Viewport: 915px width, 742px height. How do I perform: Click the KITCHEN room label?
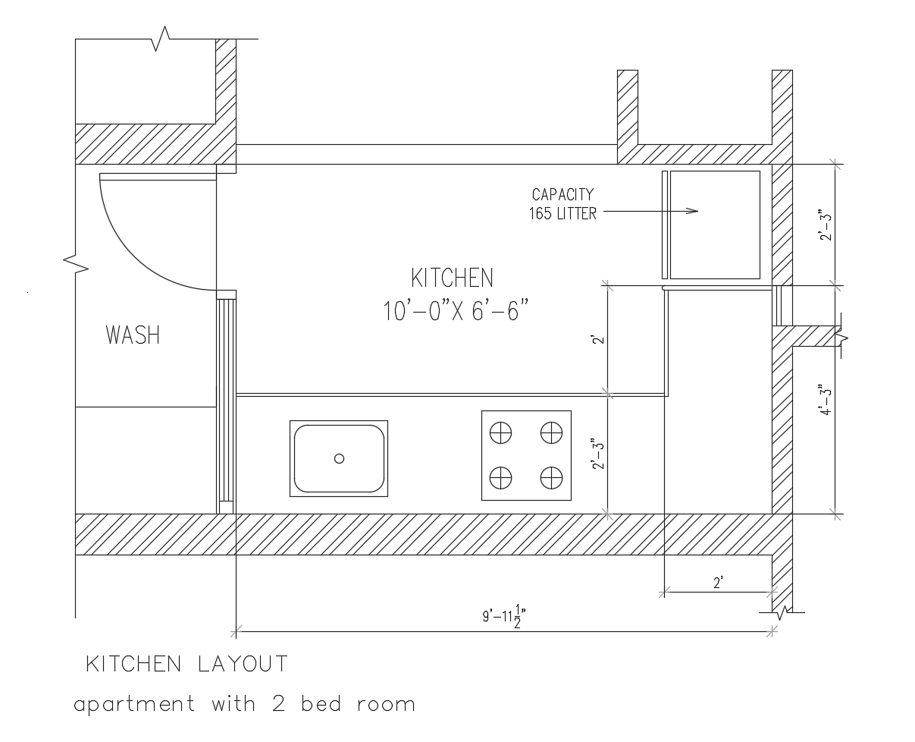(x=452, y=278)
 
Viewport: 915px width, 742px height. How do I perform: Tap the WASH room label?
(x=133, y=335)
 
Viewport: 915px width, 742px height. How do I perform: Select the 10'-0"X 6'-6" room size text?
(x=456, y=310)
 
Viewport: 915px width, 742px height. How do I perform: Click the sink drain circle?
(x=339, y=459)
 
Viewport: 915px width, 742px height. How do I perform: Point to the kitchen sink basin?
(x=339, y=459)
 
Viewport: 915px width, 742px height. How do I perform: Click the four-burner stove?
(x=526, y=455)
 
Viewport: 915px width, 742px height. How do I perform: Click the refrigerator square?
(x=715, y=225)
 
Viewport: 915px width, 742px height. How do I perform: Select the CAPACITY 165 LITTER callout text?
(x=562, y=204)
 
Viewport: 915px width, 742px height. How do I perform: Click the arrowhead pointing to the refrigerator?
(x=692, y=211)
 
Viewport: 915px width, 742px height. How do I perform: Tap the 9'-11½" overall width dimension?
(x=504, y=615)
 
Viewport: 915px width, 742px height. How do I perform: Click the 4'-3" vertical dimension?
(x=826, y=400)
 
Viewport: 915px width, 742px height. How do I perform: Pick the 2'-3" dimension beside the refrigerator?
(x=826, y=225)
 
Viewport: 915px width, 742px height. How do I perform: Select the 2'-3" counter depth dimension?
(x=597, y=454)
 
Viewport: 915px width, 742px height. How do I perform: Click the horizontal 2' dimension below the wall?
(x=718, y=583)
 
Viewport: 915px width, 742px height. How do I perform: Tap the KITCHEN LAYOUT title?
(x=186, y=664)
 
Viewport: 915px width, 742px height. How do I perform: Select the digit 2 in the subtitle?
(x=278, y=704)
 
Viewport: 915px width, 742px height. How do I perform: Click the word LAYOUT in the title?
(x=243, y=664)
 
